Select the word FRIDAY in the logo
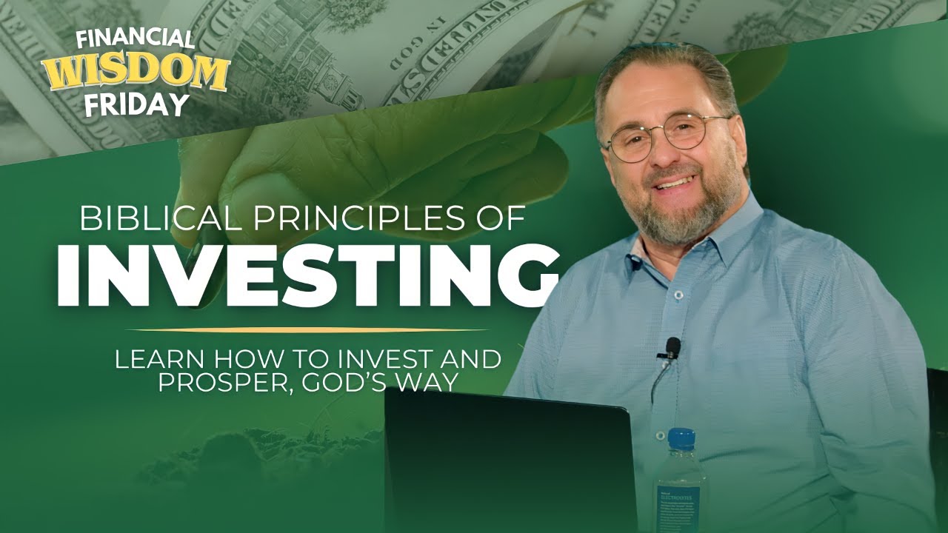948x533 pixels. point(136,104)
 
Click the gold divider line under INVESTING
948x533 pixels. point(307,330)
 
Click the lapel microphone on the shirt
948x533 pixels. point(672,346)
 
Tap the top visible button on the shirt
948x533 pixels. point(676,294)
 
